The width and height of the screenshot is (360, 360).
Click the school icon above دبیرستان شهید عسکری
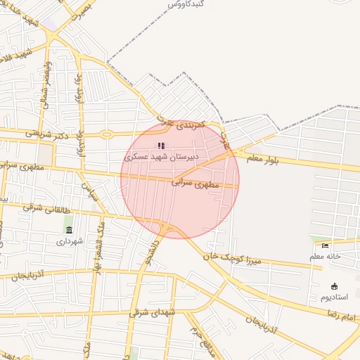(161, 146)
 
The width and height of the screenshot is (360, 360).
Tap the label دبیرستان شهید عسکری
(162, 156)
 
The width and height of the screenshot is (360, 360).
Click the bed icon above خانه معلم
(325, 245)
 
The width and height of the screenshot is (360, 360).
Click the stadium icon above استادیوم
(334, 286)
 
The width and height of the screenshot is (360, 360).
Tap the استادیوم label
(334, 297)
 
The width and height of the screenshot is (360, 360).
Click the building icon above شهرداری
(68, 230)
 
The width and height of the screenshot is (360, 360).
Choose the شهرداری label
(70, 241)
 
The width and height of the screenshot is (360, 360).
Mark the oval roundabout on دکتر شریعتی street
(106, 134)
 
